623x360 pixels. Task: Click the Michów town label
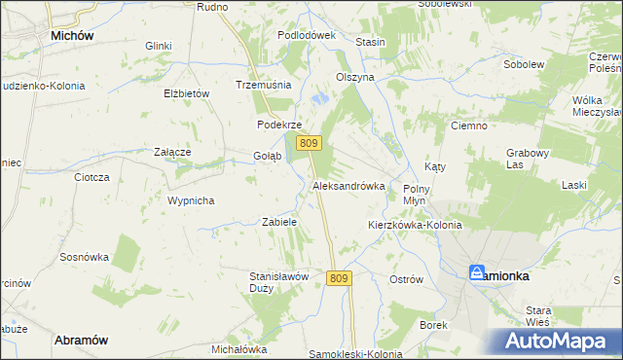point(71,35)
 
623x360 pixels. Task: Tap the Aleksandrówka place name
point(348,185)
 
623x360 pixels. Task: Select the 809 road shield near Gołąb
point(310,143)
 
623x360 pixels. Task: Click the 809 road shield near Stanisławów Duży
point(338,278)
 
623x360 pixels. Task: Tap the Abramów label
point(80,340)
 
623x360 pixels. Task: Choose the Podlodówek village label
point(306,35)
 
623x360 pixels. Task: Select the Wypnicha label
point(190,200)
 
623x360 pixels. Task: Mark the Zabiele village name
point(279,222)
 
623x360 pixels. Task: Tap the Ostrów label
point(406,279)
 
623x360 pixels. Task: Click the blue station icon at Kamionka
point(477,273)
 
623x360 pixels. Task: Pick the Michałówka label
point(238,349)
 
